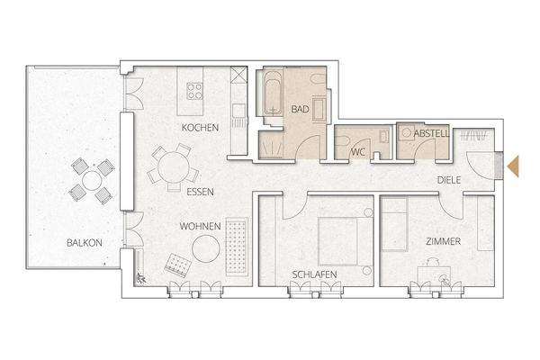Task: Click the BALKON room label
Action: tap(83, 243)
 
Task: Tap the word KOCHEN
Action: tap(200, 129)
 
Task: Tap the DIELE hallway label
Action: tap(448, 180)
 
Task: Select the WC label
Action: tap(357, 152)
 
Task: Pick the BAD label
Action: tap(300, 110)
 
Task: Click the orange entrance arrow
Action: tap(515, 166)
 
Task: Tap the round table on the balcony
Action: tap(93, 180)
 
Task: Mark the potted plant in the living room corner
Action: tap(141, 279)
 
